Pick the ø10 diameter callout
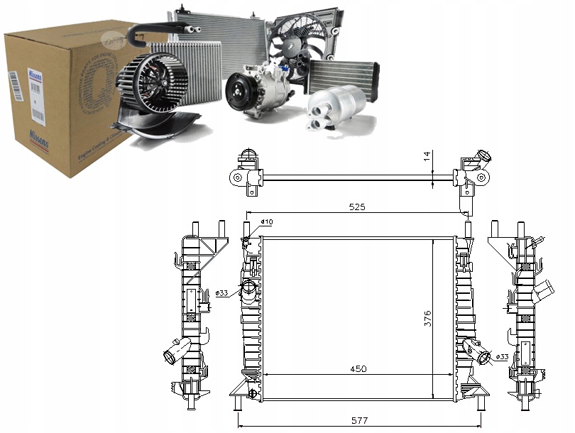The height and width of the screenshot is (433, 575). tap(266, 222)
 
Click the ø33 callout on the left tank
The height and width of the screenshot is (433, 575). tap(222, 292)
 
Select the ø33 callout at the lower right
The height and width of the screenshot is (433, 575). tap(502, 356)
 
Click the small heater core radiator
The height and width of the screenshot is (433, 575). tap(342, 75)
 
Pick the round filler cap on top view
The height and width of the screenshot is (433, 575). tap(486, 157)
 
